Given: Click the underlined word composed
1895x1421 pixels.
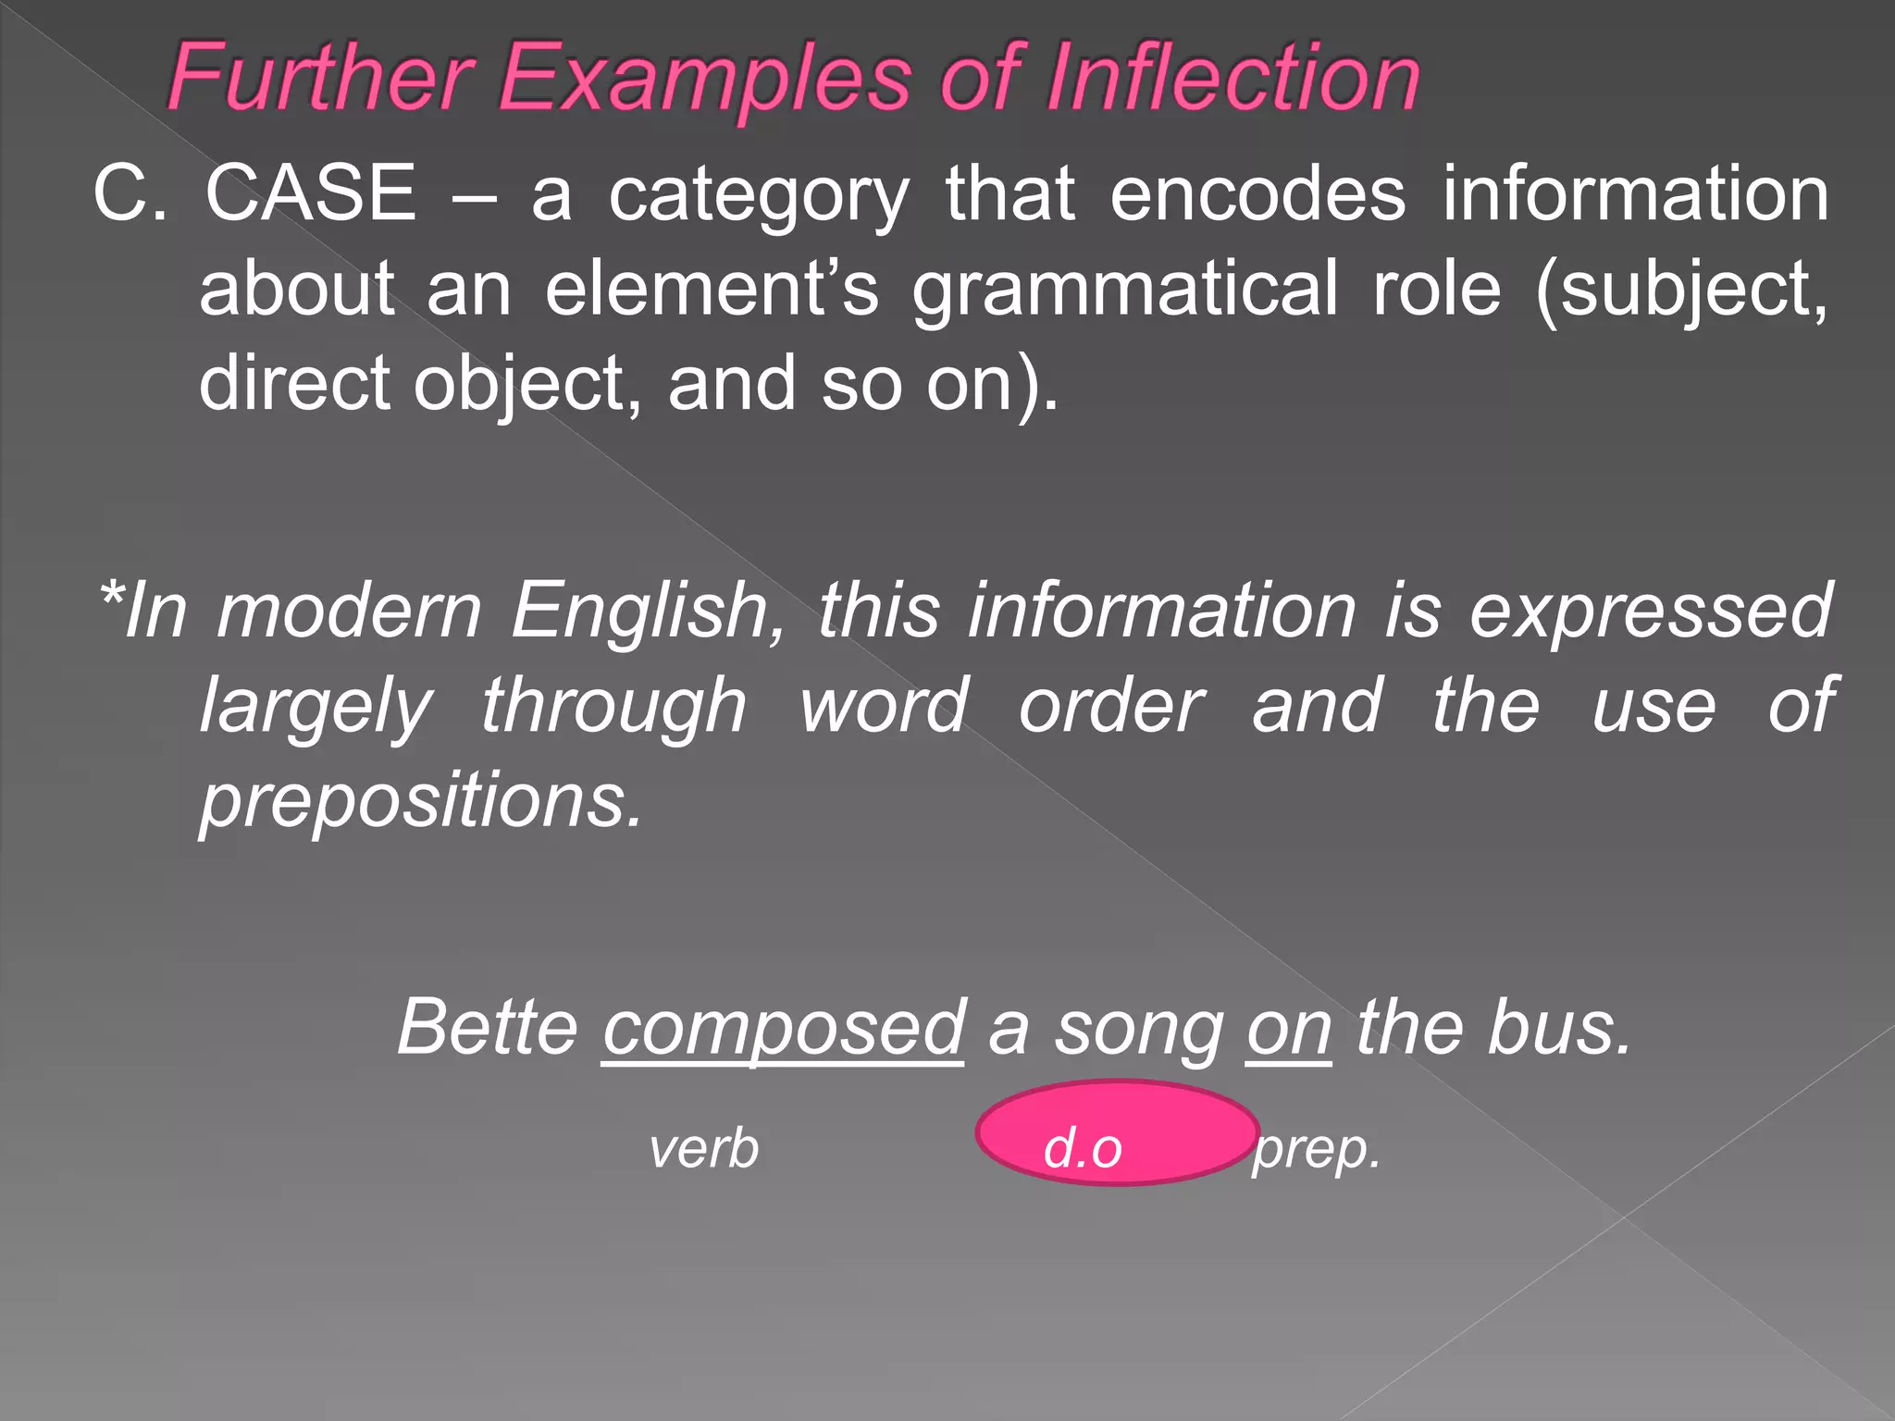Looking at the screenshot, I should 783,1029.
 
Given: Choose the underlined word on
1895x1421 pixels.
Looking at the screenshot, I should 1289,1029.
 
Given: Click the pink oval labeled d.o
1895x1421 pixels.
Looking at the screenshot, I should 1117,1132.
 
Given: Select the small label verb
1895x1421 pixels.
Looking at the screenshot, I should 704,1149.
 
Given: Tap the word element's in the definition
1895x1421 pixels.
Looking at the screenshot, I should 711,289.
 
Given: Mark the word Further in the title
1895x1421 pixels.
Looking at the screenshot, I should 320,78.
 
